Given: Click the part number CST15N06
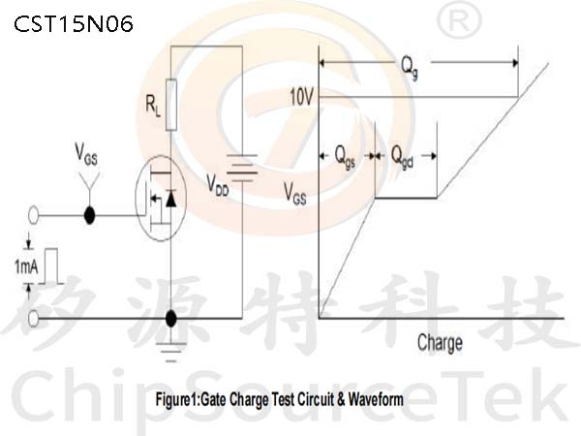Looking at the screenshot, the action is [74, 24].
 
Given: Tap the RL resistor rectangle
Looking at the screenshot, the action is [170, 105].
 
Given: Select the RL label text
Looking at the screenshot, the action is [153, 106].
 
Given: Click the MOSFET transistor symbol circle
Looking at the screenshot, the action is [161, 198].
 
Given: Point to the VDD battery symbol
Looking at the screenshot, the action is [242, 168].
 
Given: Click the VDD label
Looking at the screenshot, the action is [218, 185].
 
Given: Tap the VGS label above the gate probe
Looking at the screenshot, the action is [86, 155].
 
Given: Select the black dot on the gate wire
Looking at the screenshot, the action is [89, 215].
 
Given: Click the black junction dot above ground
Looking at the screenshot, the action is [170, 319].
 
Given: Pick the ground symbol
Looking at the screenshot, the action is [170, 352].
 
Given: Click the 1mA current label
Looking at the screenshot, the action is [26, 266].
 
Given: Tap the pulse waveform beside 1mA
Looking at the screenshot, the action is [51, 266].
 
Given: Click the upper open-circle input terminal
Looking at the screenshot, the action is [33, 215].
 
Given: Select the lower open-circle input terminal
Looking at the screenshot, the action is [33, 319].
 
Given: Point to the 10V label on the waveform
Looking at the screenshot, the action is [301, 98].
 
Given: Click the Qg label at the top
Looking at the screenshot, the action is [410, 68].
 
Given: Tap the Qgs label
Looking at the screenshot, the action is [345, 157].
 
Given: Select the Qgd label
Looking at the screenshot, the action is [403, 157].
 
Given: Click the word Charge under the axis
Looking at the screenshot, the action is [440, 343].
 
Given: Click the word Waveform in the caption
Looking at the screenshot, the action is [376, 399].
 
